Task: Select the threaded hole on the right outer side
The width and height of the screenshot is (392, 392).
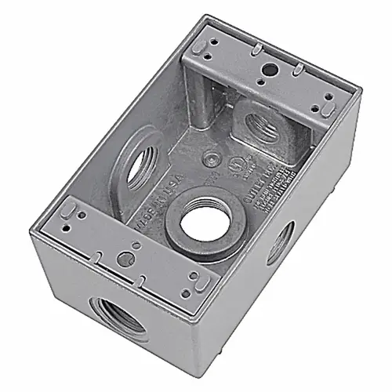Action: [x=280, y=243]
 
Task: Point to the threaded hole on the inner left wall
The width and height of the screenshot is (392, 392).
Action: [x=140, y=167]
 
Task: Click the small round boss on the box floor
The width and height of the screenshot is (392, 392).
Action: [x=210, y=158]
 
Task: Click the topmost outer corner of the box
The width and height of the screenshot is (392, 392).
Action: [x=206, y=16]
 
